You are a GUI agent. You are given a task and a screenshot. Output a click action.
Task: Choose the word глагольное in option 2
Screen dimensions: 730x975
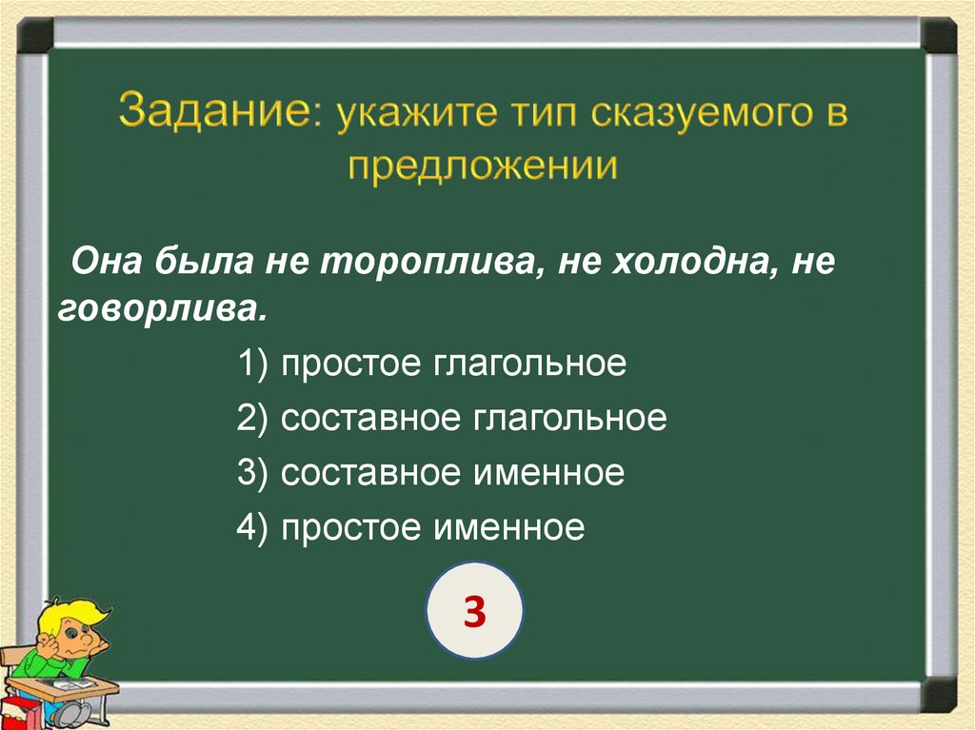(x=567, y=420)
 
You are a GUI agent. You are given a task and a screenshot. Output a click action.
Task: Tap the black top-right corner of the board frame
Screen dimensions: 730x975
(x=939, y=35)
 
